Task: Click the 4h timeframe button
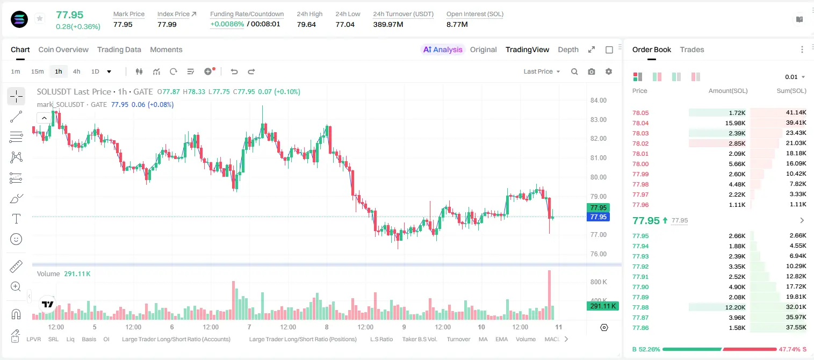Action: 76,71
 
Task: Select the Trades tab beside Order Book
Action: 692,49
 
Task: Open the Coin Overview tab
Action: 63,49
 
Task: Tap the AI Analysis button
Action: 443,49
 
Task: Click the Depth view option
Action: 568,49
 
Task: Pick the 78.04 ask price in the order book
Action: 640,123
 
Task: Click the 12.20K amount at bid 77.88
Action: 735,307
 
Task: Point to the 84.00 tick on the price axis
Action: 599,100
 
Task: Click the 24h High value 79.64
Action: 306,24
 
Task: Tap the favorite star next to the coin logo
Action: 40,18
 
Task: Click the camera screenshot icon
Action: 592,71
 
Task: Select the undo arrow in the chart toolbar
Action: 234,71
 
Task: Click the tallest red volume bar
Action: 550,295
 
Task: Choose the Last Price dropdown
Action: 542,71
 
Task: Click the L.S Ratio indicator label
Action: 381,339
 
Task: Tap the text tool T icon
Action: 16,219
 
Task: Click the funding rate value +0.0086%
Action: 227,24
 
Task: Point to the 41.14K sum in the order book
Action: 796,113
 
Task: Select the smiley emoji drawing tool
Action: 16,239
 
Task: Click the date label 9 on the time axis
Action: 404,327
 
